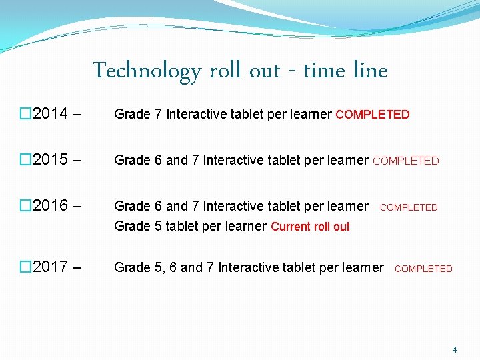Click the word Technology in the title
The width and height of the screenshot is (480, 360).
tap(146, 71)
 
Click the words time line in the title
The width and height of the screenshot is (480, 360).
tap(345, 70)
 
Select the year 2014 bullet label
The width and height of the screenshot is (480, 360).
tap(50, 113)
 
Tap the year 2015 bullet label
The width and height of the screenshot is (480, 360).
tap(50, 159)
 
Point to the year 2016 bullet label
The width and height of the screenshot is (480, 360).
tap(50, 205)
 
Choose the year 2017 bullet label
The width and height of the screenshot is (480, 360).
tap(50, 267)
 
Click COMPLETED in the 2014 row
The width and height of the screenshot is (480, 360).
tap(372, 115)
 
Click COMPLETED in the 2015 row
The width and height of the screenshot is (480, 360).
tap(405, 161)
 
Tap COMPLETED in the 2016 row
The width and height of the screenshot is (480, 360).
tap(409, 207)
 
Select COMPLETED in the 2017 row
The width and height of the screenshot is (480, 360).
tap(423, 269)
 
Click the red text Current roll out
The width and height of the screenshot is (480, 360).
tap(310, 227)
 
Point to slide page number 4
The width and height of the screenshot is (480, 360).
tap(454, 349)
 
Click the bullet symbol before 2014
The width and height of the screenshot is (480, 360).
tap(25, 113)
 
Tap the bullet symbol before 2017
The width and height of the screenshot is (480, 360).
tap(25, 267)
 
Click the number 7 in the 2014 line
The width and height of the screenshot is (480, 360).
tap(158, 114)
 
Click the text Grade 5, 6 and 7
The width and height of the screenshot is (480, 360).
tap(164, 267)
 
